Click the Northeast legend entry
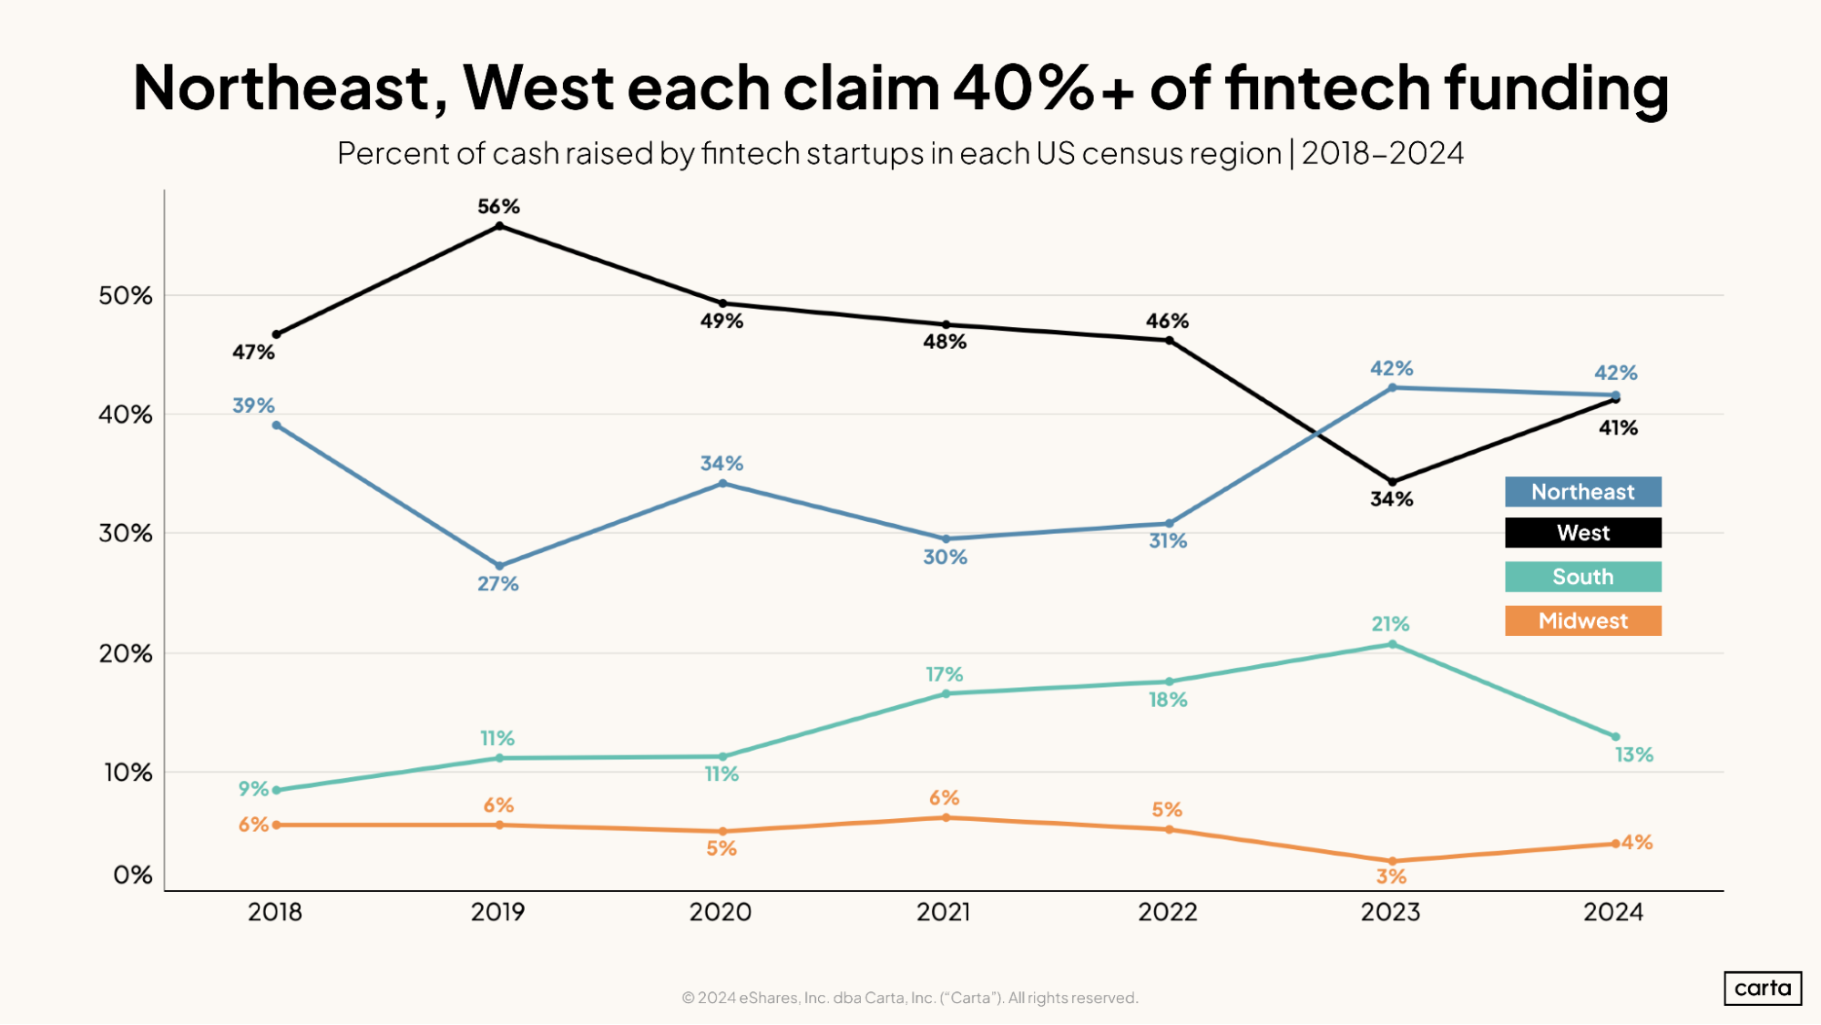tap(1582, 492)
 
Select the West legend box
tap(1582, 533)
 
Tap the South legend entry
tap(1582, 577)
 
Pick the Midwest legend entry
tap(1582, 620)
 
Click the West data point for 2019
tap(499, 226)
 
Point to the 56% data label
tap(499, 207)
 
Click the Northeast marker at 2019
tap(499, 566)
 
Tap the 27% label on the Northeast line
tap(498, 584)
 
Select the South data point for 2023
tap(1392, 644)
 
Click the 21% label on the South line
tap(1390, 624)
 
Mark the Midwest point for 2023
tap(1392, 861)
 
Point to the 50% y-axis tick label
tap(126, 295)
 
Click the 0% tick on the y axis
tap(133, 876)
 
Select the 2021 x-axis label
tap(944, 912)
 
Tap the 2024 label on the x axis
tap(1613, 912)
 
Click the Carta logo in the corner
tap(1763, 989)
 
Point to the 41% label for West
tap(1618, 428)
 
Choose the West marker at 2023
tap(1392, 482)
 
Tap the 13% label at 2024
tap(1633, 755)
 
